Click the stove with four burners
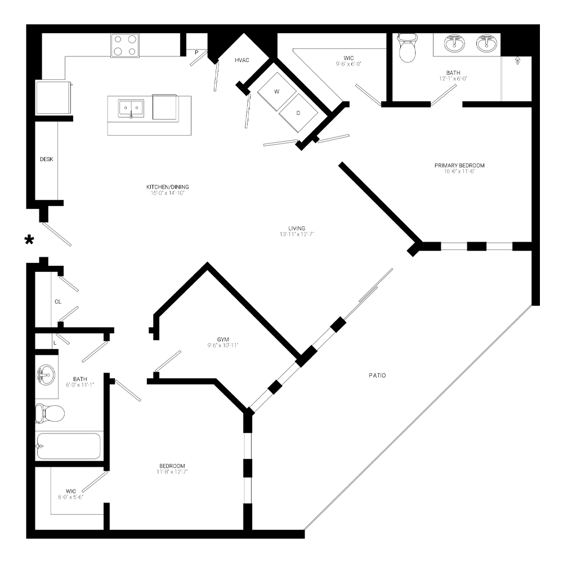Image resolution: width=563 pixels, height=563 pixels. (x=125, y=46)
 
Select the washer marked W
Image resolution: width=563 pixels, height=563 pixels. (x=276, y=91)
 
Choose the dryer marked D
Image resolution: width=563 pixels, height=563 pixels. (x=298, y=113)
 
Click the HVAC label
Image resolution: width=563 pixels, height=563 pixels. (x=243, y=60)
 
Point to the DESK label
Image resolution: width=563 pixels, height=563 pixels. (x=46, y=159)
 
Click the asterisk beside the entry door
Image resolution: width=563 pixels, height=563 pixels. (x=29, y=241)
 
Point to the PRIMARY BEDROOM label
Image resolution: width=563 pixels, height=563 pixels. (x=459, y=166)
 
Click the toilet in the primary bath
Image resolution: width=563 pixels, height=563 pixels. (x=406, y=49)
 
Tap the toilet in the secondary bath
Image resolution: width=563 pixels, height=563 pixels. (x=49, y=413)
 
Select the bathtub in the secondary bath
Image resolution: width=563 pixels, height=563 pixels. (x=69, y=446)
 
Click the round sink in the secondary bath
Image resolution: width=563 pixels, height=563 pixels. (x=46, y=373)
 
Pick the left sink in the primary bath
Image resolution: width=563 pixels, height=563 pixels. (x=454, y=43)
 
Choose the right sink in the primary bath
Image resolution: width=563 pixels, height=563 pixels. (x=486, y=43)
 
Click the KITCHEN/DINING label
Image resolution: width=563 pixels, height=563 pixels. (x=167, y=187)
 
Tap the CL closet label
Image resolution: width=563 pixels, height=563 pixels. (x=57, y=302)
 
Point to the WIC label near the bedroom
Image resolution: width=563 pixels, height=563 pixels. (x=70, y=490)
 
